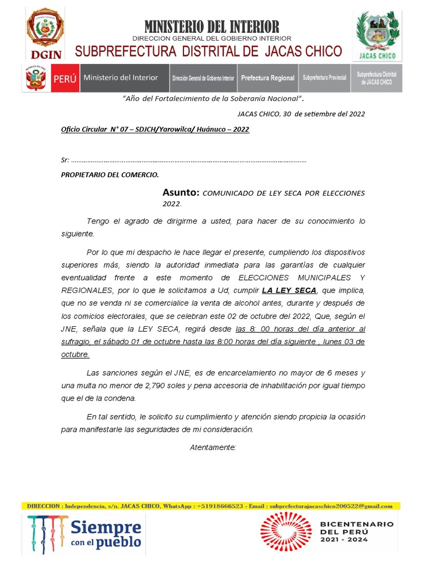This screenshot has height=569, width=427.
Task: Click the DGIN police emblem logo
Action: click(45, 32)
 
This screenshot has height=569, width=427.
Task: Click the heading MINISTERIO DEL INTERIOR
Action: click(211, 26)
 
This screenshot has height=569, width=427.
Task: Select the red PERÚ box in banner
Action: click(64, 78)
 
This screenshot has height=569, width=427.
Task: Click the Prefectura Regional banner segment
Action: click(267, 78)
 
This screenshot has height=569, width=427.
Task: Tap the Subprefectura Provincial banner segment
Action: click(324, 78)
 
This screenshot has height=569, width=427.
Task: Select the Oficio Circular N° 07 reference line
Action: click(155, 129)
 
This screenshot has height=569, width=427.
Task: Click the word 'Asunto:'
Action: click(181, 193)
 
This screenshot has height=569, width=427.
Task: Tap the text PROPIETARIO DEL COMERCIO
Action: click(110, 174)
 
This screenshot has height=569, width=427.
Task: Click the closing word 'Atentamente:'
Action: click(213, 447)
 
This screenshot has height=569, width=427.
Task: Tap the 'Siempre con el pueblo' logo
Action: click(84, 534)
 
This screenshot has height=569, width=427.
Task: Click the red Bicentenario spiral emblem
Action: click(286, 532)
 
